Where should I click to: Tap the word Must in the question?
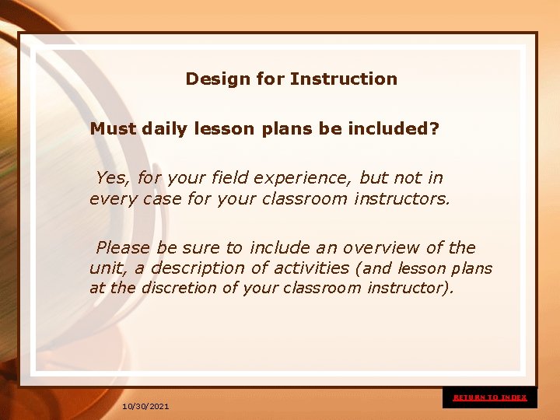[x=114, y=129]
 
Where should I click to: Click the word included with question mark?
[x=396, y=129]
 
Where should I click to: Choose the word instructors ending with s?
[x=401, y=199]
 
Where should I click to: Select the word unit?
[x=107, y=268]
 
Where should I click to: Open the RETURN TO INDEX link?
[x=490, y=397]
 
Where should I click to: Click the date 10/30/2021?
[x=145, y=407]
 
